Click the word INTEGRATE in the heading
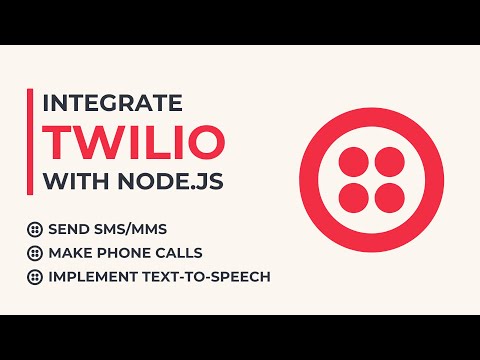pyautogui.click(x=111, y=103)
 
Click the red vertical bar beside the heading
pyautogui.click(x=29, y=144)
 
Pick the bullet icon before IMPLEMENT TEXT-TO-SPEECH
pyautogui.click(x=35, y=277)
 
